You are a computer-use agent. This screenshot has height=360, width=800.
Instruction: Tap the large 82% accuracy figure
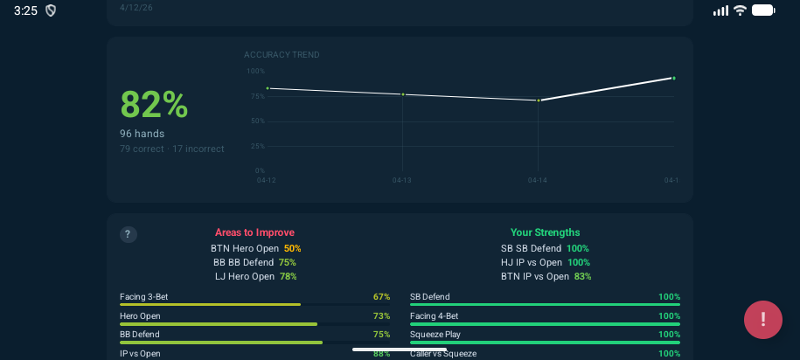click(154, 105)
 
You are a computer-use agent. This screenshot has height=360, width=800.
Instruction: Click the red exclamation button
click(762, 320)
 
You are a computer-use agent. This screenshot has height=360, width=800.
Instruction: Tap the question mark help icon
click(128, 234)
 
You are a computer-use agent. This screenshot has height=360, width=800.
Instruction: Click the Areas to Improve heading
click(254, 232)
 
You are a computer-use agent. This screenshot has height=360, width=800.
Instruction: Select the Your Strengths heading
click(545, 232)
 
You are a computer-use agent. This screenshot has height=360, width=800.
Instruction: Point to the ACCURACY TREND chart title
click(282, 55)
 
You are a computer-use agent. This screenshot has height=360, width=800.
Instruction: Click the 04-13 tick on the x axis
click(401, 181)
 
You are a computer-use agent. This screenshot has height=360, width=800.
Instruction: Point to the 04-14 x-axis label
click(537, 181)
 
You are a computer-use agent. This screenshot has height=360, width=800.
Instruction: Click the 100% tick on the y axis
click(255, 72)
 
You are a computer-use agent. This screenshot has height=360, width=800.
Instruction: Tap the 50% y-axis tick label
click(257, 121)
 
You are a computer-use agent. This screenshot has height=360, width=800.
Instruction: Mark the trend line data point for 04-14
click(539, 100)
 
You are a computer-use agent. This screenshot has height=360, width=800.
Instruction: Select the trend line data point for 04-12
click(268, 88)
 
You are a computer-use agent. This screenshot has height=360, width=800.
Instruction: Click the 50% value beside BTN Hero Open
click(292, 248)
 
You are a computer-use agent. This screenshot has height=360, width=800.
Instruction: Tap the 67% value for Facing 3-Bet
click(381, 297)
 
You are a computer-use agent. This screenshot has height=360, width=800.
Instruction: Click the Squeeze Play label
click(435, 335)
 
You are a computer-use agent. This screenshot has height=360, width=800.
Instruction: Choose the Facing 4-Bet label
click(434, 316)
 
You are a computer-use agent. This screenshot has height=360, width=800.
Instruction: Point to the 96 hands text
click(142, 134)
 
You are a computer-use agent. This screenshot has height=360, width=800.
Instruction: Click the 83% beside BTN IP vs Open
click(582, 276)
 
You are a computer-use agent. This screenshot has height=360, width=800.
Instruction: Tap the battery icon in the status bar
click(763, 10)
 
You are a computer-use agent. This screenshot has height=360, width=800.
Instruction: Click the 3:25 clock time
click(25, 10)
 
